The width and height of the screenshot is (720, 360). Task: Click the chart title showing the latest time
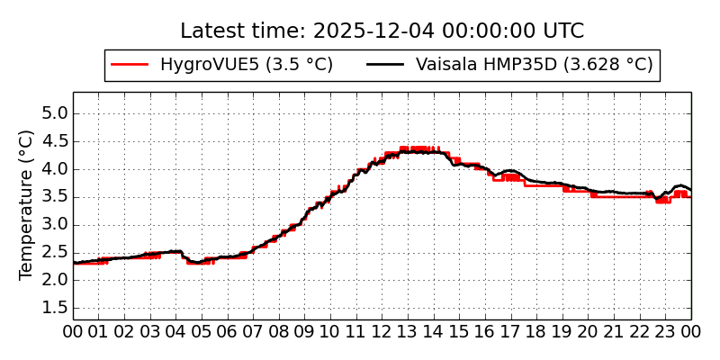382,31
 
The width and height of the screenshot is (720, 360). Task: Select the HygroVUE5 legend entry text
247,65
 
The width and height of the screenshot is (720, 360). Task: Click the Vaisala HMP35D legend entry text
534,65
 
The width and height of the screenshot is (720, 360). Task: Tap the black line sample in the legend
386,65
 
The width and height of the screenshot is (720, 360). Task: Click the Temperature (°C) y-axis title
27,204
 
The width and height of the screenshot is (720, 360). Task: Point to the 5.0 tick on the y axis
57,113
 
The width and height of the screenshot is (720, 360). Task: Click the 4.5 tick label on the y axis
57,141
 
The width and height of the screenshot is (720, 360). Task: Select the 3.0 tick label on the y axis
57,225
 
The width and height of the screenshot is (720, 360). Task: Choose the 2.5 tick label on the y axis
57,253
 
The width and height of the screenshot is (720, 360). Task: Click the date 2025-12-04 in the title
373,31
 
